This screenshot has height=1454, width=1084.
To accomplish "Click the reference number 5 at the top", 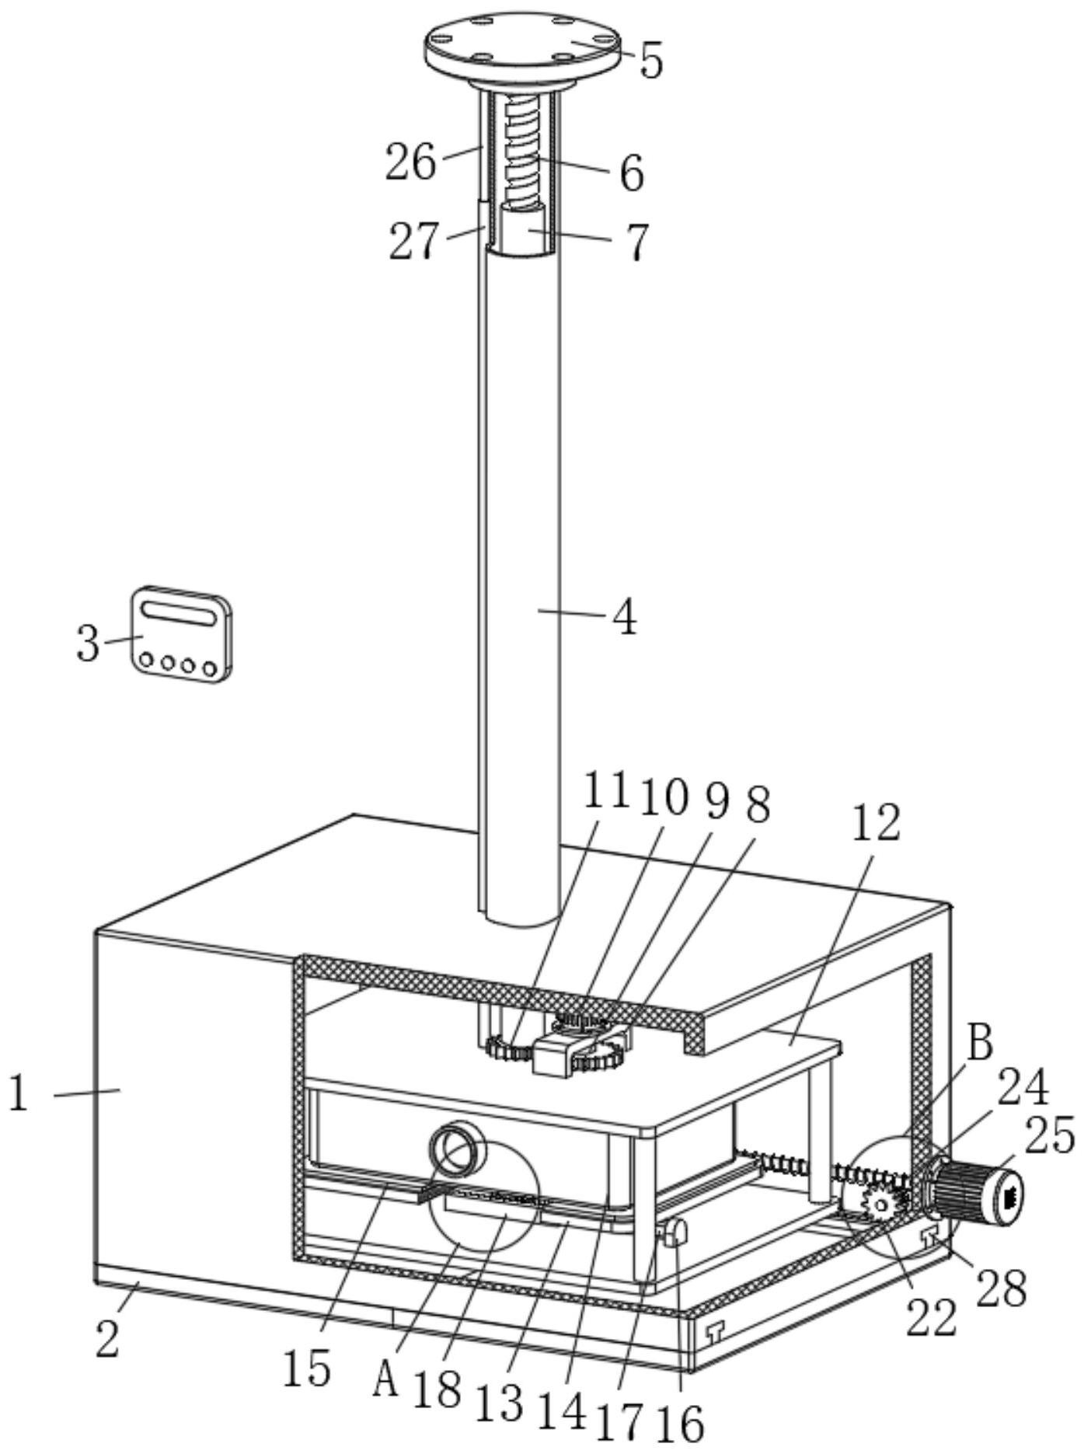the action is [651, 61].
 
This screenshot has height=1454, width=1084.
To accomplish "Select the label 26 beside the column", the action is [411, 162].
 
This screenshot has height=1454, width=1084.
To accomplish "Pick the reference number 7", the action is [636, 242].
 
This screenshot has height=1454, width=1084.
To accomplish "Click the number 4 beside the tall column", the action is [624, 619].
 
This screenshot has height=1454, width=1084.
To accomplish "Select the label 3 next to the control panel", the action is [88, 643].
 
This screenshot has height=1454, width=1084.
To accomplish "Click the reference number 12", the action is [876, 824].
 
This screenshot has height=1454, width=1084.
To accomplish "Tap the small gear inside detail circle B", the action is [880, 1204].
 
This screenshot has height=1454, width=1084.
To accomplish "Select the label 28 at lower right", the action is [1002, 1288].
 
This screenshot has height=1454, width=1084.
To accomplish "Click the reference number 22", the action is [932, 1319].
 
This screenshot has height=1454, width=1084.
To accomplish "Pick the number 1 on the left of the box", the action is [19, 1095].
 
